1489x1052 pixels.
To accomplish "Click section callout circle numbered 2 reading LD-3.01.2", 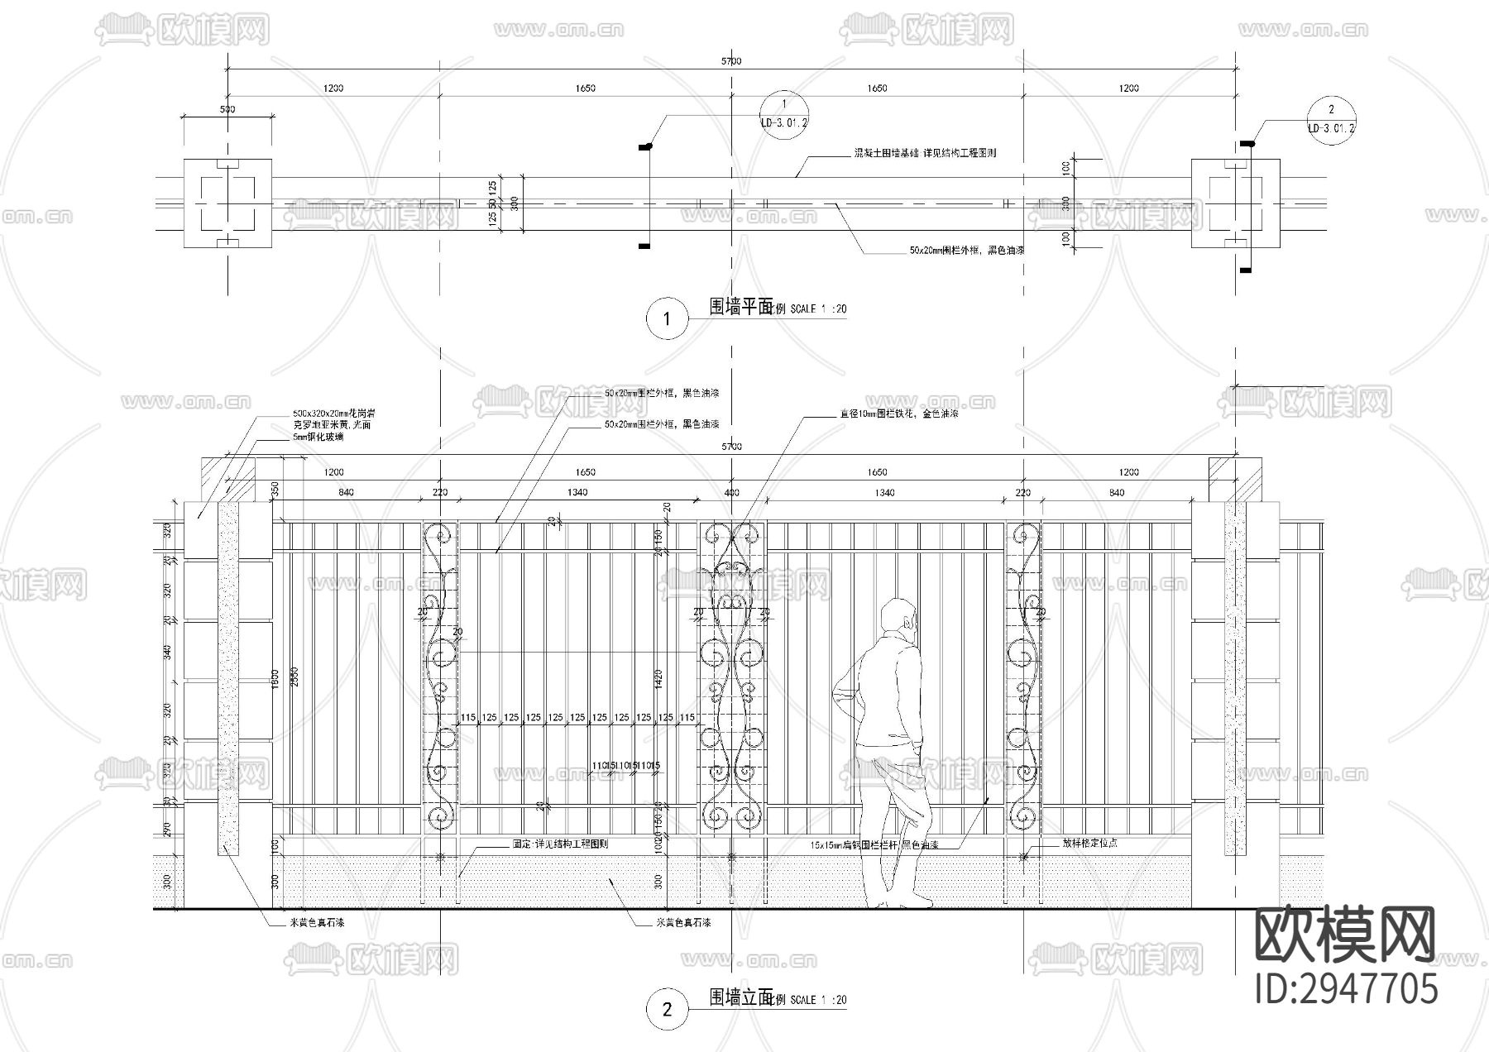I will click(1331, 119).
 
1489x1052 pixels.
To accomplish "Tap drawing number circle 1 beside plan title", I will click(668, 318).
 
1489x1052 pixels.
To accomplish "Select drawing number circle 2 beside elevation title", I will click(668, 1008).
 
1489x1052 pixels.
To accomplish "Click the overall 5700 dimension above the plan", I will click(731, 61).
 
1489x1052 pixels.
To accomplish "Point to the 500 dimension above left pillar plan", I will click(227, 109).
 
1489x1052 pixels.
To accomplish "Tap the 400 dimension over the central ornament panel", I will click(731, 493).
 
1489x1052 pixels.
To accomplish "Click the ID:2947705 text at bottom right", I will click(1347, 988).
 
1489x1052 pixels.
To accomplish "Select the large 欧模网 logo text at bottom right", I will click(1347, 935).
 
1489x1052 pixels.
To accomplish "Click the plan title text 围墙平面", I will click(740, 307).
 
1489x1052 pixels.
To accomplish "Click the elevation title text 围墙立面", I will click(740, 997).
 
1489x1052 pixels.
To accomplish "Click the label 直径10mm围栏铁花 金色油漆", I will click(898, 414).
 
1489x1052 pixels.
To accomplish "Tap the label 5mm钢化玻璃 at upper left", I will click(318, 437).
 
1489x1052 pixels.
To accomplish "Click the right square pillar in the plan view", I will click(1235, 203).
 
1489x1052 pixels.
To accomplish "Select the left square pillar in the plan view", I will click(227, 203).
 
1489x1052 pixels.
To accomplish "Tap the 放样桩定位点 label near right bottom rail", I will click(1090, 844).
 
